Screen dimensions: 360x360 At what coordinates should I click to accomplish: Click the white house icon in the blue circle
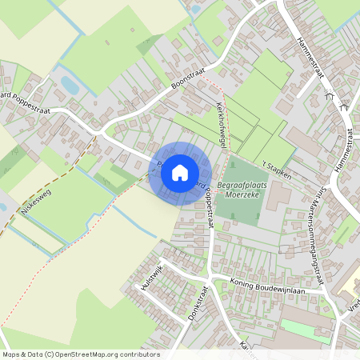tap(180, 172)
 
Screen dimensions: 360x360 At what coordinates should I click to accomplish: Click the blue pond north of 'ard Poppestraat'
tap(70, 84)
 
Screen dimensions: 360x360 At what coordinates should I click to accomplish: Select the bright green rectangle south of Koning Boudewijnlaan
tap(305, 330)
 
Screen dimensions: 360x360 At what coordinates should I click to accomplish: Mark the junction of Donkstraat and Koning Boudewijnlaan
tap(210, 277)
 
